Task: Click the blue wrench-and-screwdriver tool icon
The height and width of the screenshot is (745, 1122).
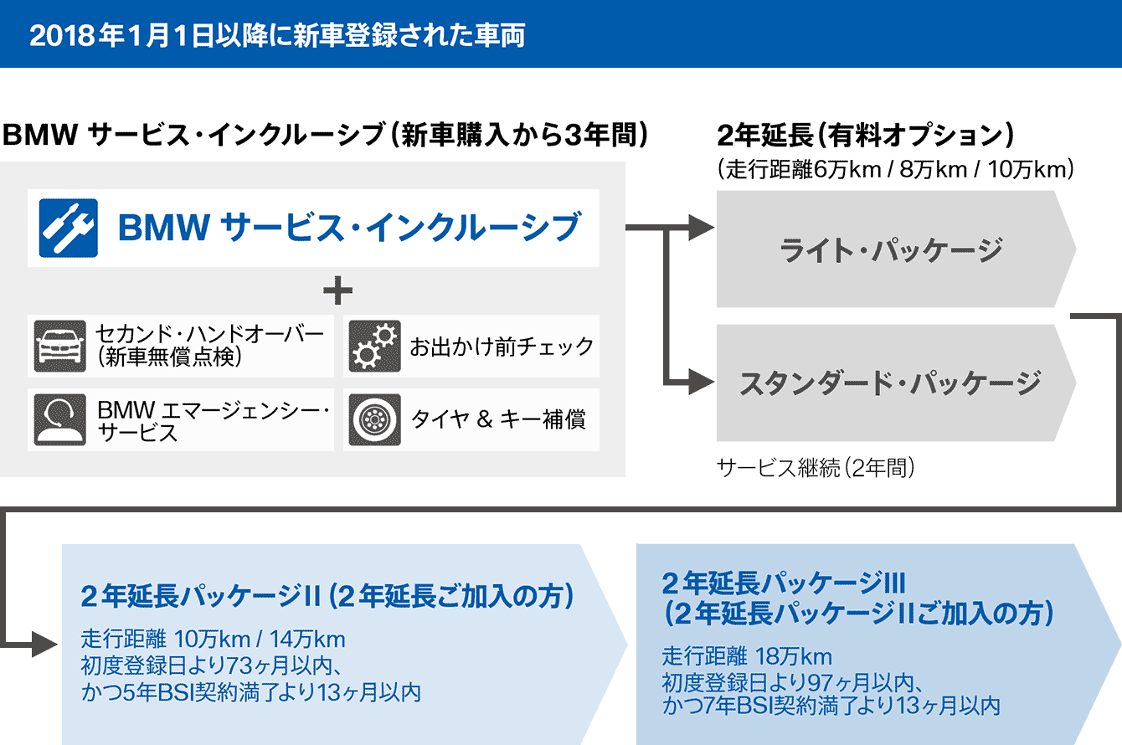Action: click(x=68, y=228)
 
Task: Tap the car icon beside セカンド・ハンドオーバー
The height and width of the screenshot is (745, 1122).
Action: click(x=59, y=346)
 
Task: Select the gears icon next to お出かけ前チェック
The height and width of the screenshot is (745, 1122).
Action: click(x=374, y=346)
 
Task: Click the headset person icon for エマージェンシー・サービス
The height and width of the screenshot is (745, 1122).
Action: click(x=59, y=419)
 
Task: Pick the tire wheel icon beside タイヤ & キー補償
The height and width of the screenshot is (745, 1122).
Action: click(x=374, y=419)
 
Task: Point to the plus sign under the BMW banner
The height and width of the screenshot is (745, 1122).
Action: click(x=337, y=290)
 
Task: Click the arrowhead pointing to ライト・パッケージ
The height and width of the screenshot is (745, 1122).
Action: click(x=702, y=228)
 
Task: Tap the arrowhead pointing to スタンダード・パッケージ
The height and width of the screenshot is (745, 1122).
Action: click(x=702, y=382)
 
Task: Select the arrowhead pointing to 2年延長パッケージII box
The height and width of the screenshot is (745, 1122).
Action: click(x=44, y=644)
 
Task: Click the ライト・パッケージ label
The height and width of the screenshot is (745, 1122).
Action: click(x=892, y=249)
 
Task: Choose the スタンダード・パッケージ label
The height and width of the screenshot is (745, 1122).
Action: click(x=891, y=383)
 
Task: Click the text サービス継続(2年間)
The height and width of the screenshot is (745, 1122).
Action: click(x=816, y=468)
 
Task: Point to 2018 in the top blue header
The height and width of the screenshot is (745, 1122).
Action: click(x=62, y=35)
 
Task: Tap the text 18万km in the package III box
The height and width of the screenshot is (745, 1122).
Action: click(x=794, y=656)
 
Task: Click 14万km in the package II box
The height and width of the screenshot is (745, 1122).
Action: click(x=307, y=640)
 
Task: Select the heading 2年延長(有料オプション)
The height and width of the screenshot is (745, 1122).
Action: click(x=866, y=135)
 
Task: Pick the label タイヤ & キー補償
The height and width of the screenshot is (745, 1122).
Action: click(x=498, y=419)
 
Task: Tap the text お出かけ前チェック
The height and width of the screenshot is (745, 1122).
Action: click(x=502, y=347)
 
